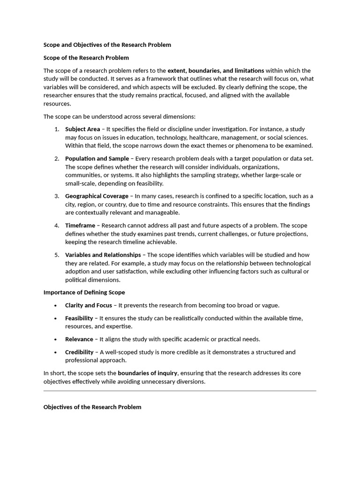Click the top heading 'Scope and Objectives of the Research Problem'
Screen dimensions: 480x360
coord(107,45)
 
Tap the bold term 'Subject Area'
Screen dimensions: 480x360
coord(82,129)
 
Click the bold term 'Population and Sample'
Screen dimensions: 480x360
coord(96,158)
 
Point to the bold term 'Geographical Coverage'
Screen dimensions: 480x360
coord(97,196)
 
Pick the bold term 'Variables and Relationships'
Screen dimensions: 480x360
coord(103,255)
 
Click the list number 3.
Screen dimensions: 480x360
coord(56,196)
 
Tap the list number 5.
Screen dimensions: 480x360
coord(56,255)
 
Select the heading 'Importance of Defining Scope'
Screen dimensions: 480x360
coord(84,292)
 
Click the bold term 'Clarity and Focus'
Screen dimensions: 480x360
coord(89,305)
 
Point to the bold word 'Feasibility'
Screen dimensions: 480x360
coord(79,318)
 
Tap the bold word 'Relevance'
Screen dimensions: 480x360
coord(79,339)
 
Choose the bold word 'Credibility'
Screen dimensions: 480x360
coord(79,352)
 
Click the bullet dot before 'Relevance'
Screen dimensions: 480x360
coord(55,339)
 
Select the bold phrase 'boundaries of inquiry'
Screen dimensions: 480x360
coord(148,373)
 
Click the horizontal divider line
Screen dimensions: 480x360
coord(180,390)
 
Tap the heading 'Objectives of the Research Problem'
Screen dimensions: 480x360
coord(92,407)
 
